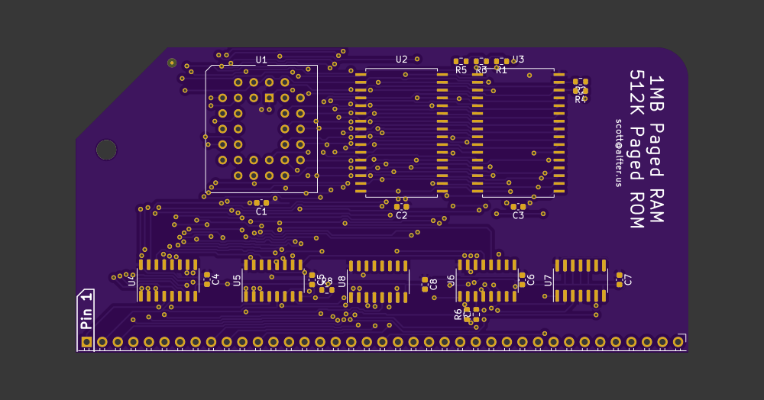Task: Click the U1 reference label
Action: tap(261, 60)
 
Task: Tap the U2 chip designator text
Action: tap(401, 59)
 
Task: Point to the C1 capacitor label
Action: tap(261, 211)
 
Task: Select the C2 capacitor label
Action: tap(401, 215)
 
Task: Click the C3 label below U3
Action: tap(518, 215)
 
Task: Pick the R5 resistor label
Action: tap(461, 70)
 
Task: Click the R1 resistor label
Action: tap(502, 70)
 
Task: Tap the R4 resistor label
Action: tap(580, 99)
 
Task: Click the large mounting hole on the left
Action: tap(106, 150)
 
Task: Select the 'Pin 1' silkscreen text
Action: tap(86, 308)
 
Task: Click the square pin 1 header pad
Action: tap(86, 342)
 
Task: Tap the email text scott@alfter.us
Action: tap(619, 152)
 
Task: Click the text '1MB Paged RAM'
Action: tap(656, 149)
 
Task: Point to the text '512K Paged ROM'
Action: tap(636, 149)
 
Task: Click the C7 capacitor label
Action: tap(629, 279)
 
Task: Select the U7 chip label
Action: tap(548, 280)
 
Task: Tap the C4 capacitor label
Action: tap(215, 279)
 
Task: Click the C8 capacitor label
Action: tap(434, 284)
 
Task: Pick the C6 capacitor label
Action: tap(531, 279)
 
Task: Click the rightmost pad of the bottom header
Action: tap(678, 342)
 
